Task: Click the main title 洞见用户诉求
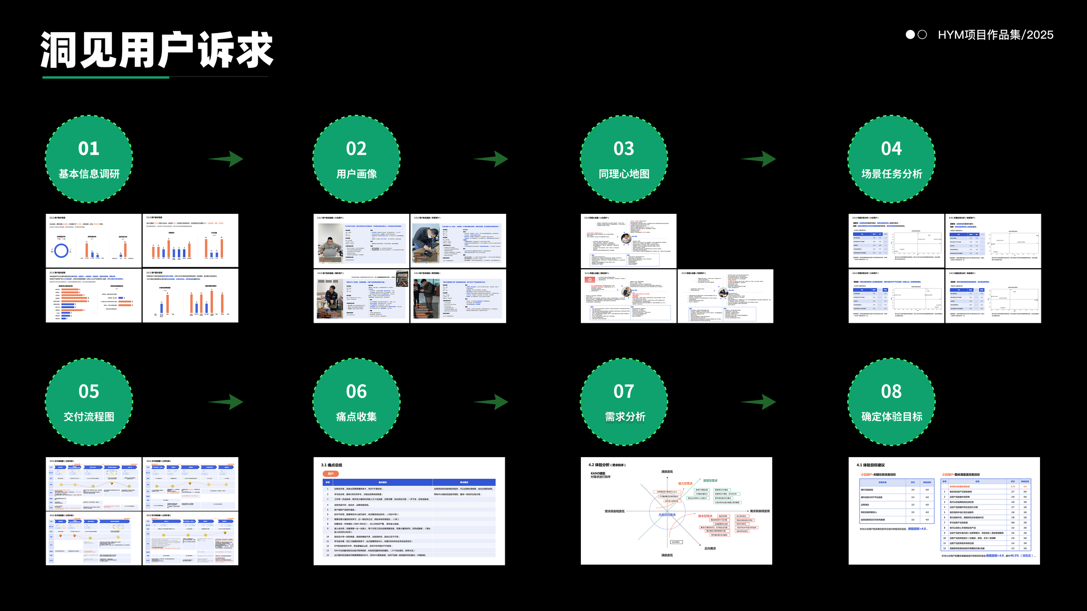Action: [x=157, y=50]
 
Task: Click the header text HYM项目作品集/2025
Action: [x=995, y=35]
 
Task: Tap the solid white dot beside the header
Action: [x=910, y=35]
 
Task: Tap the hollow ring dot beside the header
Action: [x=922, y=35]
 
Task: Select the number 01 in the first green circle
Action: [x=89, y=149]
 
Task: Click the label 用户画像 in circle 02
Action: [x=357, y=174]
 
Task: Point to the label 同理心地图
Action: [x=624, y=174]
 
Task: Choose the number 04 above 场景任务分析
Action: [x=891, y=149]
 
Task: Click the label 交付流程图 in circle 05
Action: [x=89, y=417]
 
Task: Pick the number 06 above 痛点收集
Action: [x=357, y=392]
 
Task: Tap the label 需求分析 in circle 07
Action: [x=625, y=417]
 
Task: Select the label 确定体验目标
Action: [x=892, y=417]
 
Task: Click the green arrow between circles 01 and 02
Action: [x=227, y=159]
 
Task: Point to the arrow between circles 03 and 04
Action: [x=759, y=159]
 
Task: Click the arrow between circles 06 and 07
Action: [x=491, y=402]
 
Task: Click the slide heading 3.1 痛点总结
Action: [x=332, y=465]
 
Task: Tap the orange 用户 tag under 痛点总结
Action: [x=331, y=474]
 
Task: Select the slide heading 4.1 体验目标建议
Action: [x=870, y=465]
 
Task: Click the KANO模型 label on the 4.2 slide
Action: [x=598, y=473]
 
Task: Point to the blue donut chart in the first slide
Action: [x=61, y=251]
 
